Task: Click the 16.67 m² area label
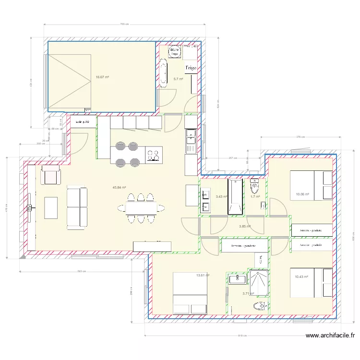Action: click(x=102, y=77)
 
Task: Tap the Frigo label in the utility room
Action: click(x=191, y=68)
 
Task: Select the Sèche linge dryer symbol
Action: click(x=174, y=51)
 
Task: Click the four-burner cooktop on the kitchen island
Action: click(x=154, y=155)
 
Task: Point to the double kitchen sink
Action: click(x=191, y=142)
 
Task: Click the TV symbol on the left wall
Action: click(x=30, y=207)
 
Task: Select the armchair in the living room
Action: click(x=50, y=175)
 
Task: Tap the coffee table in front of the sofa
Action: click(x=51, y=207)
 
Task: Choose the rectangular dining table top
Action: click(x=140, y=208)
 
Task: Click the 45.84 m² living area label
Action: click(x=119, y=188)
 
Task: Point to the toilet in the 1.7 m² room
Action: click(x=254, y=185)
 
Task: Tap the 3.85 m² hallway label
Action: click(x=245, y=226)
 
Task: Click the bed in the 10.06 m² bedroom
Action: click(x=311, y=185)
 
